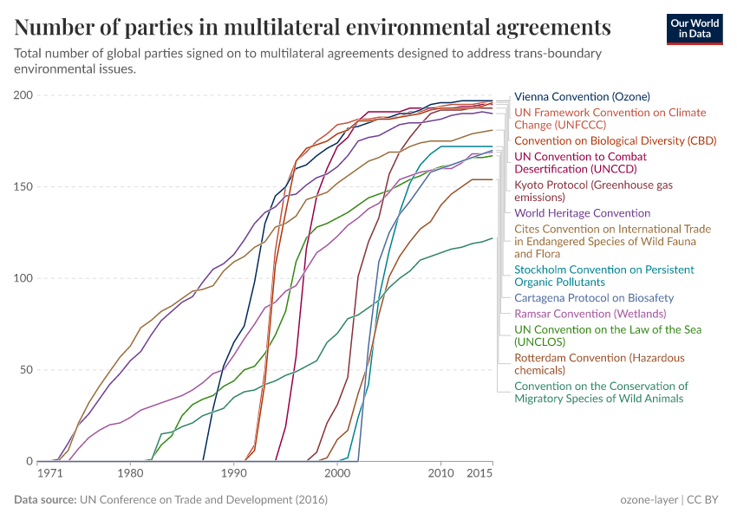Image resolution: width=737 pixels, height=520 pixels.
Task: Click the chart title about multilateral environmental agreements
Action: [312, 27]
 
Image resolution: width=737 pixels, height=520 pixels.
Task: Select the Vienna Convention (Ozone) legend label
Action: [582, 96]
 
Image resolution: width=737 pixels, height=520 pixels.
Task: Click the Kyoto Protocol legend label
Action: [593, 191]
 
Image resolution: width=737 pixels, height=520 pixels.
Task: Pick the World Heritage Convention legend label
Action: [582, 212]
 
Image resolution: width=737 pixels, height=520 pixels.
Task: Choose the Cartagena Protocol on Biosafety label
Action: [594, 297]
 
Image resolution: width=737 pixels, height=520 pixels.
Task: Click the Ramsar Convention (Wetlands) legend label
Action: [590, 313]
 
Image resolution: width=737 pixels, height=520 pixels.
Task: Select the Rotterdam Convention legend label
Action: [599, 364]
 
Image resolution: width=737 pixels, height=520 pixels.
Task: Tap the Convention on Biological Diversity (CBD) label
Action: [603, 140]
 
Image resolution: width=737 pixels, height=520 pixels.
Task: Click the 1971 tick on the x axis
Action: [49, 474]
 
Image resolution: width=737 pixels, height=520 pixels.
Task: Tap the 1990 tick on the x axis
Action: [233, 474]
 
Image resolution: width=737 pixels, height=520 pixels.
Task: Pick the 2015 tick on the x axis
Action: [480, 474]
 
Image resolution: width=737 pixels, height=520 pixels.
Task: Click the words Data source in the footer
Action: [45, 500]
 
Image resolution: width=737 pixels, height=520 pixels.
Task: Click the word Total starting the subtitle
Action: [29, 54]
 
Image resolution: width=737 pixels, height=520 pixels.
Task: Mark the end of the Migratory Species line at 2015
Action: [492, 237]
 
